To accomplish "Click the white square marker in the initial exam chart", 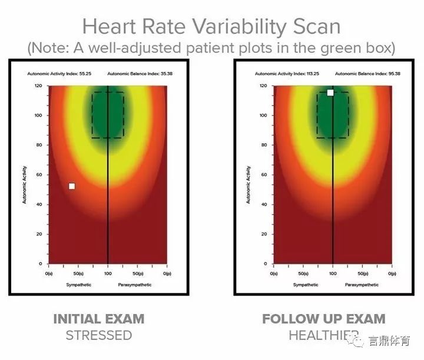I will click(x=72, y=186).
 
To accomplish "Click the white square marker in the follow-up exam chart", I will click(x=330, y=93).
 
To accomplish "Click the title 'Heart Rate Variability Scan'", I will click(x=211, y=27).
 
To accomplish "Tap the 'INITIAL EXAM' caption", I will click(x=99, y=319).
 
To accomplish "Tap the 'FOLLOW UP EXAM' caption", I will click(x=324, y=319).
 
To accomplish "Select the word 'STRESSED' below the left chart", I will click(x=99, y=336).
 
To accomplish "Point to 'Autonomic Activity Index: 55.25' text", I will click(x=58, y=74).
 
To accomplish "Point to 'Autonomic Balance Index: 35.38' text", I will click(x=140, y=74).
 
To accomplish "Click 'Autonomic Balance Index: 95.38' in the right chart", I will click(x=366, y=74).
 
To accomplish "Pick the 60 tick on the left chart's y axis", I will click(x=39, y=174).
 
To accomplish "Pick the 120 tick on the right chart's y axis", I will click(x=263, y=85).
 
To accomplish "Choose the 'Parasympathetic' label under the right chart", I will click(x=362, y=285).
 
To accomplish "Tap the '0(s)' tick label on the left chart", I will click(x=49, y=274).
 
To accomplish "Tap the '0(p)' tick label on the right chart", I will click(x=392, y=274).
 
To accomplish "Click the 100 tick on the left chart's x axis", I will click(x=108, y=274).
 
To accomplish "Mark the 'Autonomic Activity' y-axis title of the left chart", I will click(x=24, y=184).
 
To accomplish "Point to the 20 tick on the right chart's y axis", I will click(x=264, y=234).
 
